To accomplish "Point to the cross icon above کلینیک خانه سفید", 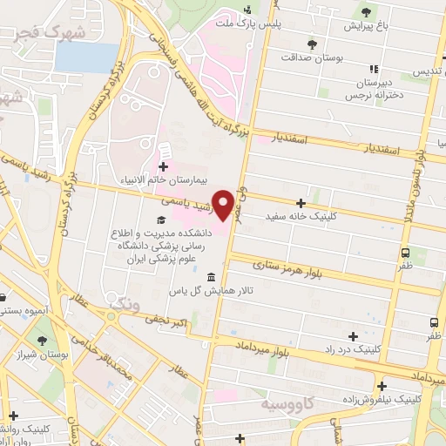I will click(300, 202).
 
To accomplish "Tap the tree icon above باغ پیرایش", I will click(366, 12).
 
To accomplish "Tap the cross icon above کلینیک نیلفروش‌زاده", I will click(382, 385).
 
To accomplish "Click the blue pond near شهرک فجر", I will click(86, 57).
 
